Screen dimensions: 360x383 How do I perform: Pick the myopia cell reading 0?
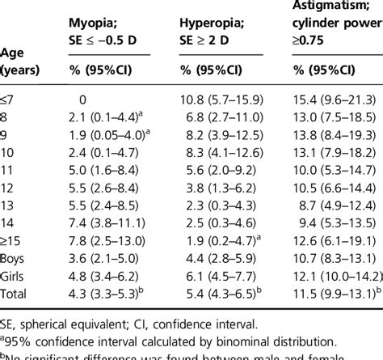(x=82, y=100)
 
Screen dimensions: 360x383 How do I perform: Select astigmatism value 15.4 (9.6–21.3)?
(x=335, y=100)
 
